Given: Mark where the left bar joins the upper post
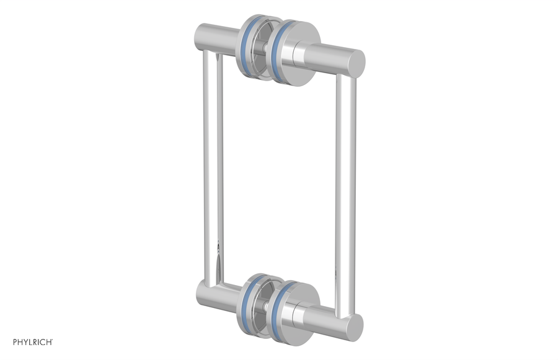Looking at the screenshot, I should tap(211, 55).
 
